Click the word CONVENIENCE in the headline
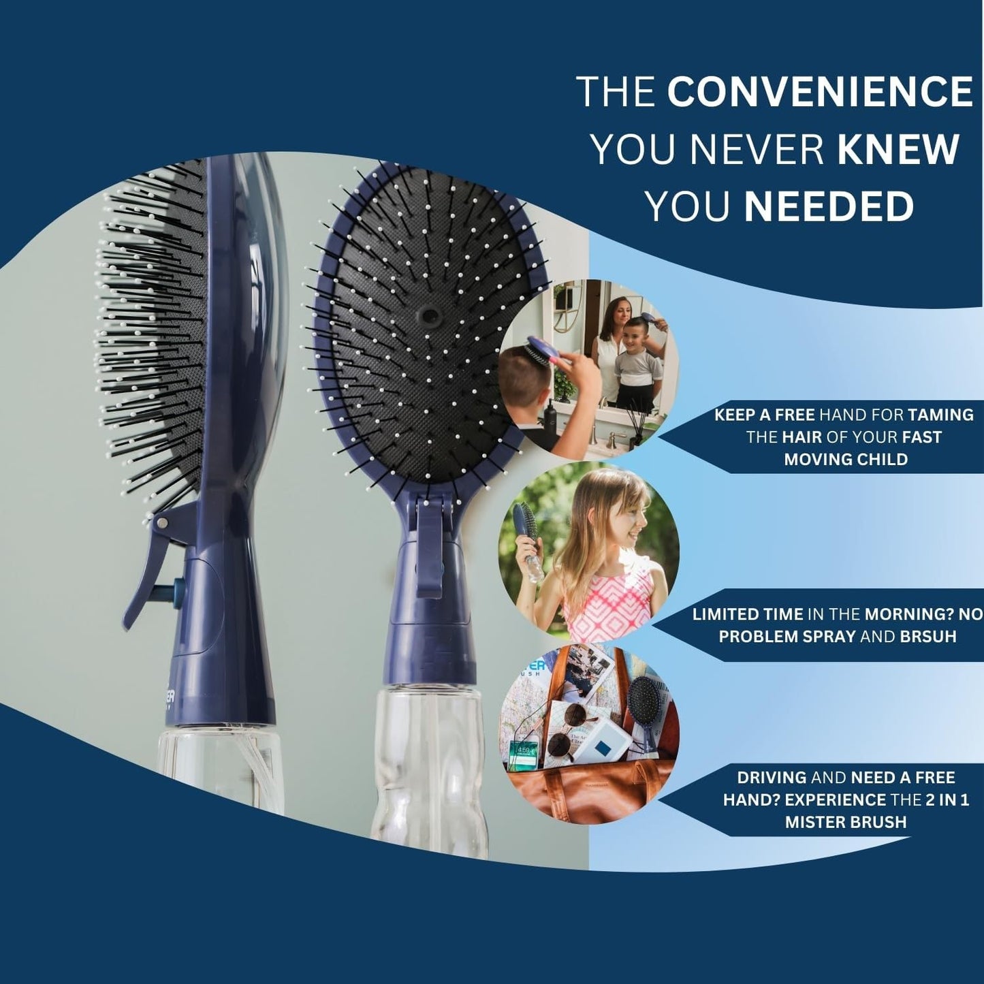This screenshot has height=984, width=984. pos(819,91)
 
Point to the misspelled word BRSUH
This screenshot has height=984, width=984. pos(932,636)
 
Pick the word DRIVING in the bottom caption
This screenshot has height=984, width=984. pos(772,777)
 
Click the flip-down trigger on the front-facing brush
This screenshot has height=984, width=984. pos(430,545)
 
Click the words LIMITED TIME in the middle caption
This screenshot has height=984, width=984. pos(747,614)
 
